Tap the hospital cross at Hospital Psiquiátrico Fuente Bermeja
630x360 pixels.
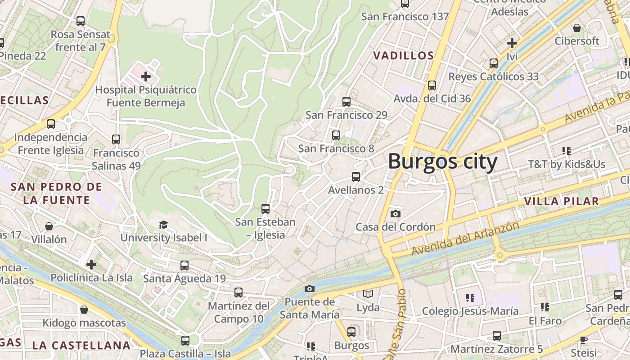click(x=146, y=77)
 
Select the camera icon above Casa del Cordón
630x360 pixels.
click(x=395, y=214)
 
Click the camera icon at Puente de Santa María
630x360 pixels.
click(x=310, y=288)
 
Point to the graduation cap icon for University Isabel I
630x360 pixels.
click(x=163, y=225)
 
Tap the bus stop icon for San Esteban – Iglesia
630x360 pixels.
click(x=265, y=209)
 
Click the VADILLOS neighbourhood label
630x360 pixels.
click(x=404, y=56)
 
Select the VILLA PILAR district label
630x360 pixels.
click(x=562, y=201)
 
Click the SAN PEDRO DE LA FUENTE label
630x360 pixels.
click(x=56, y=193)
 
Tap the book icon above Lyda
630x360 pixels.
click(x=368, y=294)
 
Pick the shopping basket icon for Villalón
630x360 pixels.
click(x=49, y=226)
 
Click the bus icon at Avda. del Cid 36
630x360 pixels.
click(x=432, y=85)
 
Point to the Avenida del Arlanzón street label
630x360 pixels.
click(x=465, y=238)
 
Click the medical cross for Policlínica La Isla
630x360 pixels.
click(x=91, y=264)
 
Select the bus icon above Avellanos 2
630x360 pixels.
click(x=356, y=177)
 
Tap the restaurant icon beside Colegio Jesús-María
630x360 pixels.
click(x=470, y=297)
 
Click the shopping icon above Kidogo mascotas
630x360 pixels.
click(x=84, y=310)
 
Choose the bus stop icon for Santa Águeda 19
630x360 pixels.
click(x=184, y=265)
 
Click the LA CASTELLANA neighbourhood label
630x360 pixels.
click(x=81, y=346)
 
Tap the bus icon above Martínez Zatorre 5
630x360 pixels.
click(x=496, y=336)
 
